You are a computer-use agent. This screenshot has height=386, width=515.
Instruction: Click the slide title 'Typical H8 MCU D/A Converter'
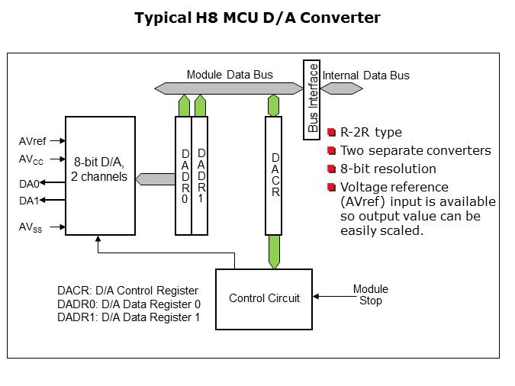tap(257, 18)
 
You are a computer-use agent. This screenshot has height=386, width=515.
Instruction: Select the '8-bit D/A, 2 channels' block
tap(100, 175)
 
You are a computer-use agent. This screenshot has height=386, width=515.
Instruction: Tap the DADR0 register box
tap(183, 175)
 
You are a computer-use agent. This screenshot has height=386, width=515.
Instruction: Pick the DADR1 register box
tap(200, 175)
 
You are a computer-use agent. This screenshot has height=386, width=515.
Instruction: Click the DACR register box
tap(274, 175)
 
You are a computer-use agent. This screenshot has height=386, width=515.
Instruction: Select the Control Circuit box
tap(264, 298)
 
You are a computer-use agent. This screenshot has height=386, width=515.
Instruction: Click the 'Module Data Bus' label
tap(230, 75)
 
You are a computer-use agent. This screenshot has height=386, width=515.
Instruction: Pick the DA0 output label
tap(28, 182)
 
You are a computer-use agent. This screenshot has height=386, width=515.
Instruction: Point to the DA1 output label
tap(28, 201)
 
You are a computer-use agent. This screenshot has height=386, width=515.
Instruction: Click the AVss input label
tap(31, 227)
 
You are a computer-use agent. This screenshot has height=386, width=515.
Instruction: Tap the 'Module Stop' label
tap(370, 294)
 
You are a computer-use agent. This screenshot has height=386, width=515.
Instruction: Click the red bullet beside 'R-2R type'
tap(331, 133)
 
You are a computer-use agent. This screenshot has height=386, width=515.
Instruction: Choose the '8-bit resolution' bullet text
tap(388, 169)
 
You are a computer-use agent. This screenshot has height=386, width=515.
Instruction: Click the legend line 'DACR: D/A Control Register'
tap(127, 291)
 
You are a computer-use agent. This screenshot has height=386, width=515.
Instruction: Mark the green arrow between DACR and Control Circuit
tap(274, 252)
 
